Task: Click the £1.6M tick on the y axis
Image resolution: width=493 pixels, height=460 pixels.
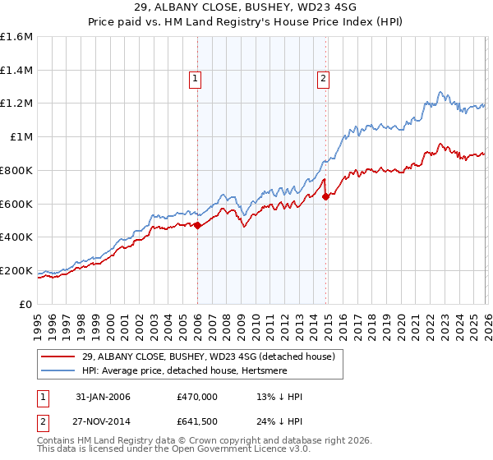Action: click(17, 37)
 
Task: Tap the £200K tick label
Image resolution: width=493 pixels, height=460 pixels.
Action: click(16, 270)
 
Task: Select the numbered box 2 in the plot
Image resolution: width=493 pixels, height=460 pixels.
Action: click(324, 79)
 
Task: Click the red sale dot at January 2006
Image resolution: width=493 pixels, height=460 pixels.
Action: click(197, 226)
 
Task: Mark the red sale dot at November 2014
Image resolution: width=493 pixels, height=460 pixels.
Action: click(326, 197)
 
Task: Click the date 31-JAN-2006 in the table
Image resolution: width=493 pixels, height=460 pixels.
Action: click(101, 397)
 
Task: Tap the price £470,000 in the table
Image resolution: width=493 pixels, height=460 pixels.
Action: click(196, 397)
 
